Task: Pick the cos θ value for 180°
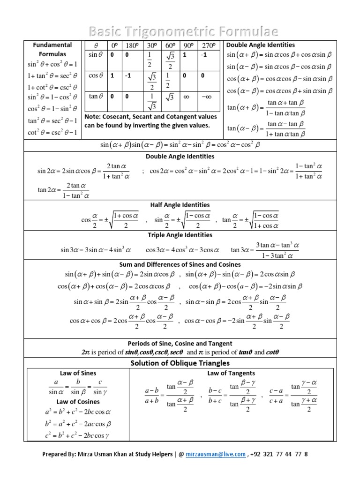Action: click(x=127, y=75)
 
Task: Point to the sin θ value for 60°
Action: click(x=169, y=60)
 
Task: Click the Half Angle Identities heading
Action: click(x=180, y=205)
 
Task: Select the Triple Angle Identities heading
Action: click(x=180, y=235)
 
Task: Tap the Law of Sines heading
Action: click(x=78, y=373)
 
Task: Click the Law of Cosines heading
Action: click(x=78, y=402)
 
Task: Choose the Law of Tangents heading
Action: click(x=231, y=373)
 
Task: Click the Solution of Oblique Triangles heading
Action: click(x=180, y=363)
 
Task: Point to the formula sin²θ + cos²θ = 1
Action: click(x=52, y=64)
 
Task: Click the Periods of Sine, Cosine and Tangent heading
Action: click(x=180, y=344)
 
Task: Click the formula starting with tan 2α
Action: click(x=64, y=189)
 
